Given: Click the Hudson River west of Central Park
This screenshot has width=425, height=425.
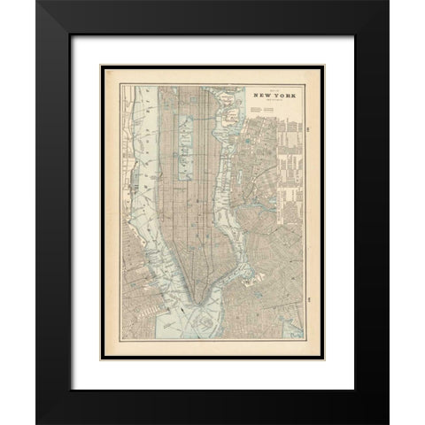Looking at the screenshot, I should pyautogui.click(x=151, y=151).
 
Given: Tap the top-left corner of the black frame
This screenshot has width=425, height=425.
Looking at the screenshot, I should pyautogui.click(x=37, y=3).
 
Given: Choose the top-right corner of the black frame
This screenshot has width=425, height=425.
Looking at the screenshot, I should pyautogui.click(x=387, y=3).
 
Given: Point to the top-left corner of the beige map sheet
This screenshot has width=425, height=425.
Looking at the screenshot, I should pyautogui.click(x=103, y=65).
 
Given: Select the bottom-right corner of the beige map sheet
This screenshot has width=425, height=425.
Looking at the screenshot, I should pyautogui.click(x=323, y=360).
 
